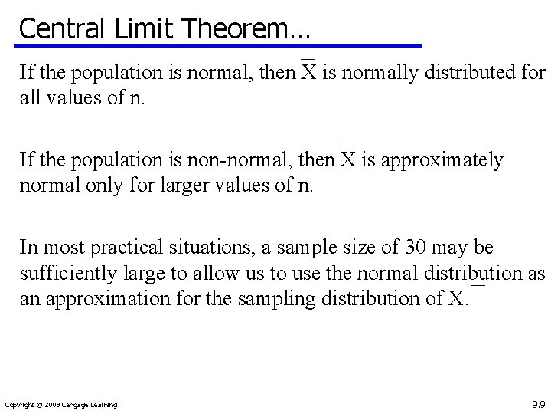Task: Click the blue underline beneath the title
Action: (230, 46)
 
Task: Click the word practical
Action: (124, 248)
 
